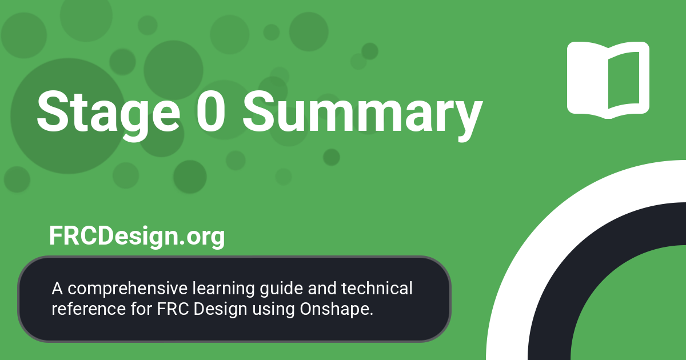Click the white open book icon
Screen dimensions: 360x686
click(608, 79)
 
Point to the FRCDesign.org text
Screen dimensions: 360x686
click(137, 235)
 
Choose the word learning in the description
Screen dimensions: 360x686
click(214, 289)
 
